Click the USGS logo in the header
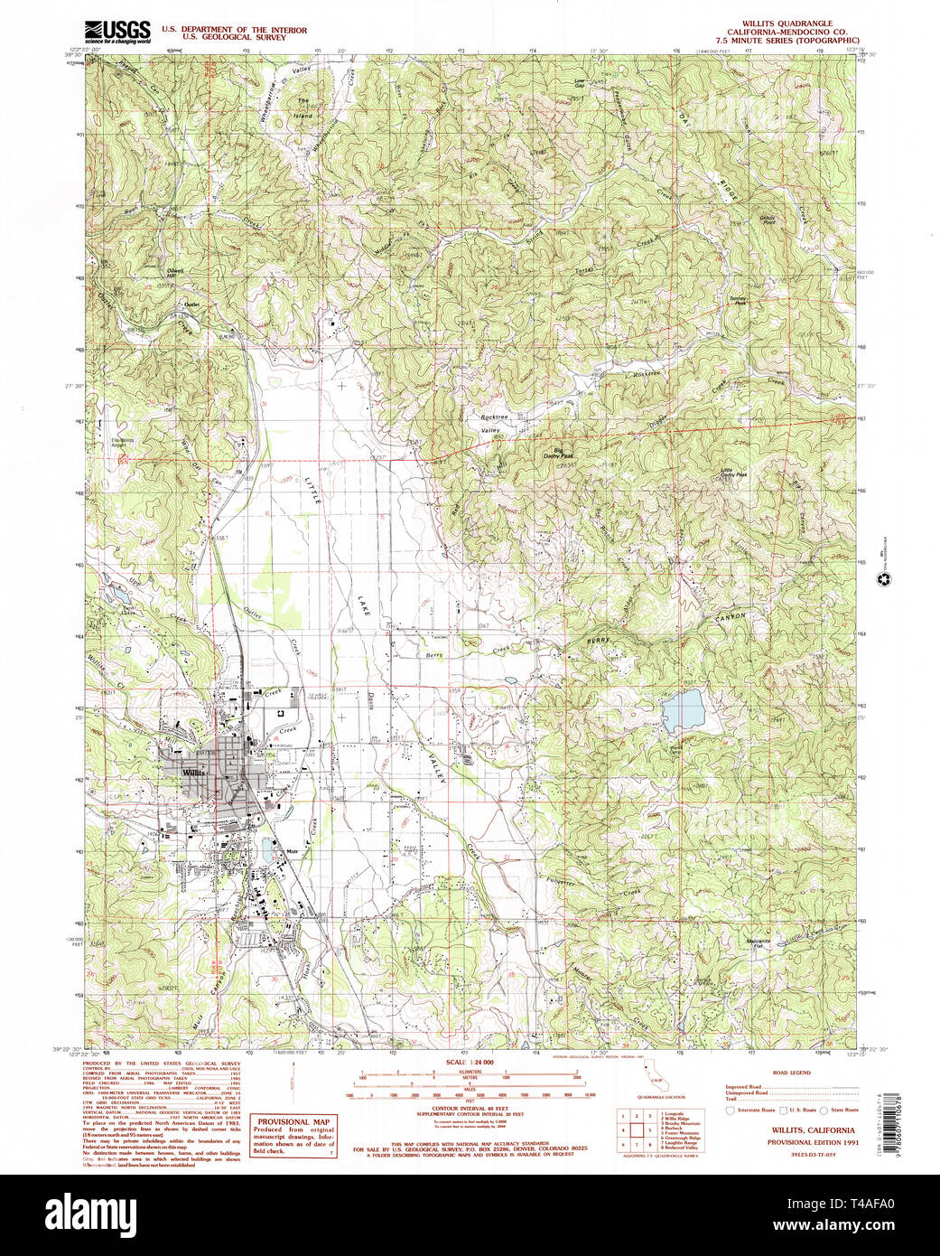pyautogui.click(x=117, y=32)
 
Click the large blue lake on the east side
pyautogui.click(x=684, y=710)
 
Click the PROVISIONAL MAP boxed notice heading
pyautogui.click(x=293, y=1121)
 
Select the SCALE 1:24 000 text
pyautogui.click(x=470, y=1063)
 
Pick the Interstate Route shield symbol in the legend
pyautogui.click(x=731, y=1110)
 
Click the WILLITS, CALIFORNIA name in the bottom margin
pyautogui.click(x=813, y=1129)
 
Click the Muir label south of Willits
pyautogui.click(x=292, y=852)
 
